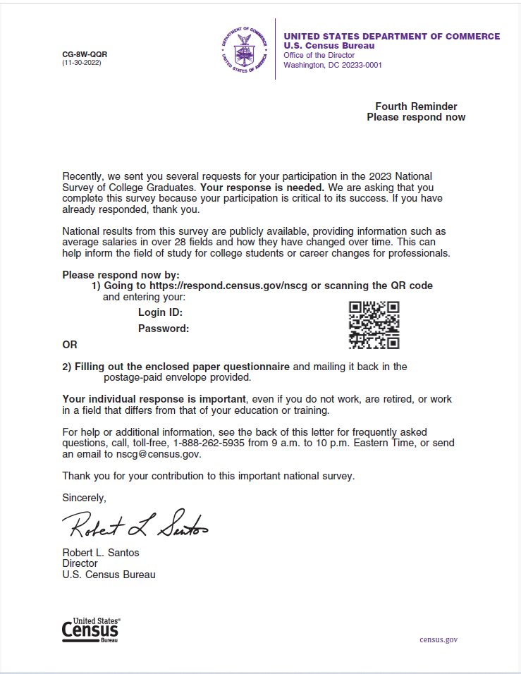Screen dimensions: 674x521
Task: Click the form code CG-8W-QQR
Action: pyautogui.click(x=85, y=54)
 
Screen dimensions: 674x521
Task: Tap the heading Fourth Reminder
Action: pyautogui.click(x=416, y=106)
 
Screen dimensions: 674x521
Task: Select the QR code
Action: pyautogui.click(x=374, y=325)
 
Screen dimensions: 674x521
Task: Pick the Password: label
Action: pyautogui.click(x=164, y=329)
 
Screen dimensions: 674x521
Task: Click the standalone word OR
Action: pyautogui.click(x=70, y=345)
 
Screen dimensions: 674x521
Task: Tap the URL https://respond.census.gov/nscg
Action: pyautogui.click(x=228, y=286)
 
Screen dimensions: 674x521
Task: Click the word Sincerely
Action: pyautogui.click(x=84, y=497)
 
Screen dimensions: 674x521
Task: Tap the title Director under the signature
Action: pyautogui.click(x=80, y=563)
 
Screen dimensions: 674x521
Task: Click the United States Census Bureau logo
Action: pyautogui.click(x=90, y=630)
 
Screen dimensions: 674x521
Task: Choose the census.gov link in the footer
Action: pyautogui.click(x=439, y=639)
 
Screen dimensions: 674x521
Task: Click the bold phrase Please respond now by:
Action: pyautogui.click(x=121, y=275)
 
